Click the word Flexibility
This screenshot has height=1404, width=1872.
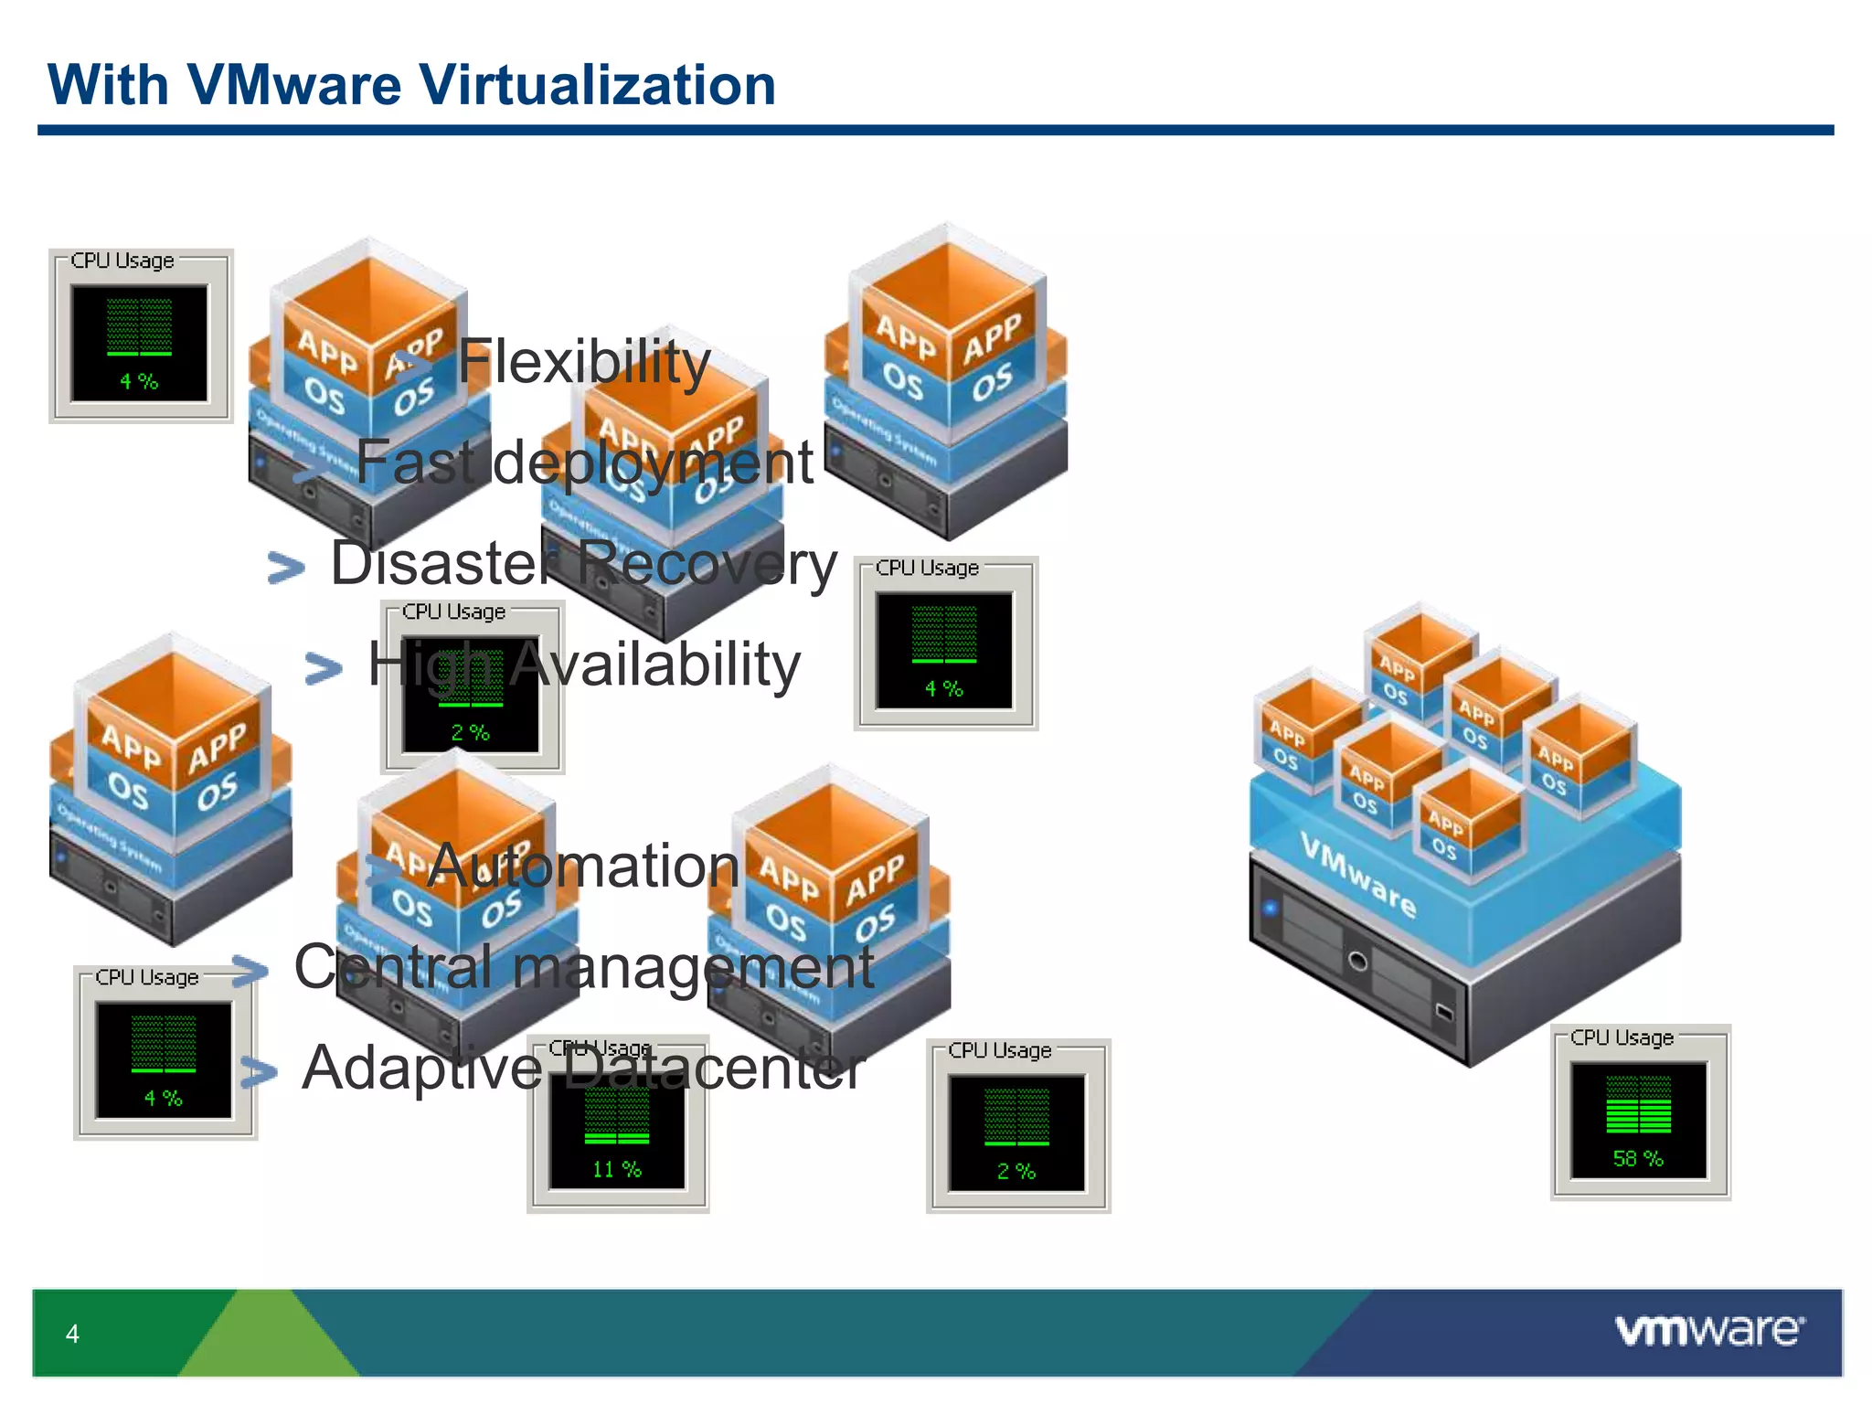point(583,362)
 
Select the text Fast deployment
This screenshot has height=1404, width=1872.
point(584,463)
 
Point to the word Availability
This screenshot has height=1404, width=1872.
point(654,665)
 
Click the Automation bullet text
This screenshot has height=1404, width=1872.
point(583,866)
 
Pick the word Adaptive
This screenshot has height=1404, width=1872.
point(422,1068)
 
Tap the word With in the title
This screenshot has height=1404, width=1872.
point(108,85)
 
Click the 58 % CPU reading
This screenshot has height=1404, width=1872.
point(1637,1159)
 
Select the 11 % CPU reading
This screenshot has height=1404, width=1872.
point(617,1169)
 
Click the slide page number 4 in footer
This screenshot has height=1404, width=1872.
point(72,1334)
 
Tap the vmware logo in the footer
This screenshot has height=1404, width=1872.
point(1709,1330)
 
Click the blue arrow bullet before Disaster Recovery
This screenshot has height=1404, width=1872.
point(286,568)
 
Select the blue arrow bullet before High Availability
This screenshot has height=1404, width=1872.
point(324,668)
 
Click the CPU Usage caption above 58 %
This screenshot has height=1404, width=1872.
point(1622,1037)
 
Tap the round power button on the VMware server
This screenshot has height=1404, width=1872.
point(1358,961)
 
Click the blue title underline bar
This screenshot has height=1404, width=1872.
point(935,131)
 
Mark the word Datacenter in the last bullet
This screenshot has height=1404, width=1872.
point(712,1068)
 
